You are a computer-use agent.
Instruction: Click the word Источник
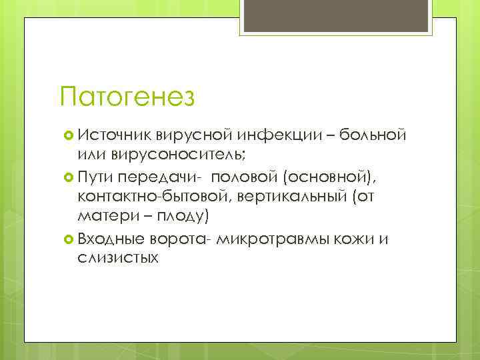point(114,136)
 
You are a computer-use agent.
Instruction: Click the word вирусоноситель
point(170,156)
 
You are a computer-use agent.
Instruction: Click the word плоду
point(181,217)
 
